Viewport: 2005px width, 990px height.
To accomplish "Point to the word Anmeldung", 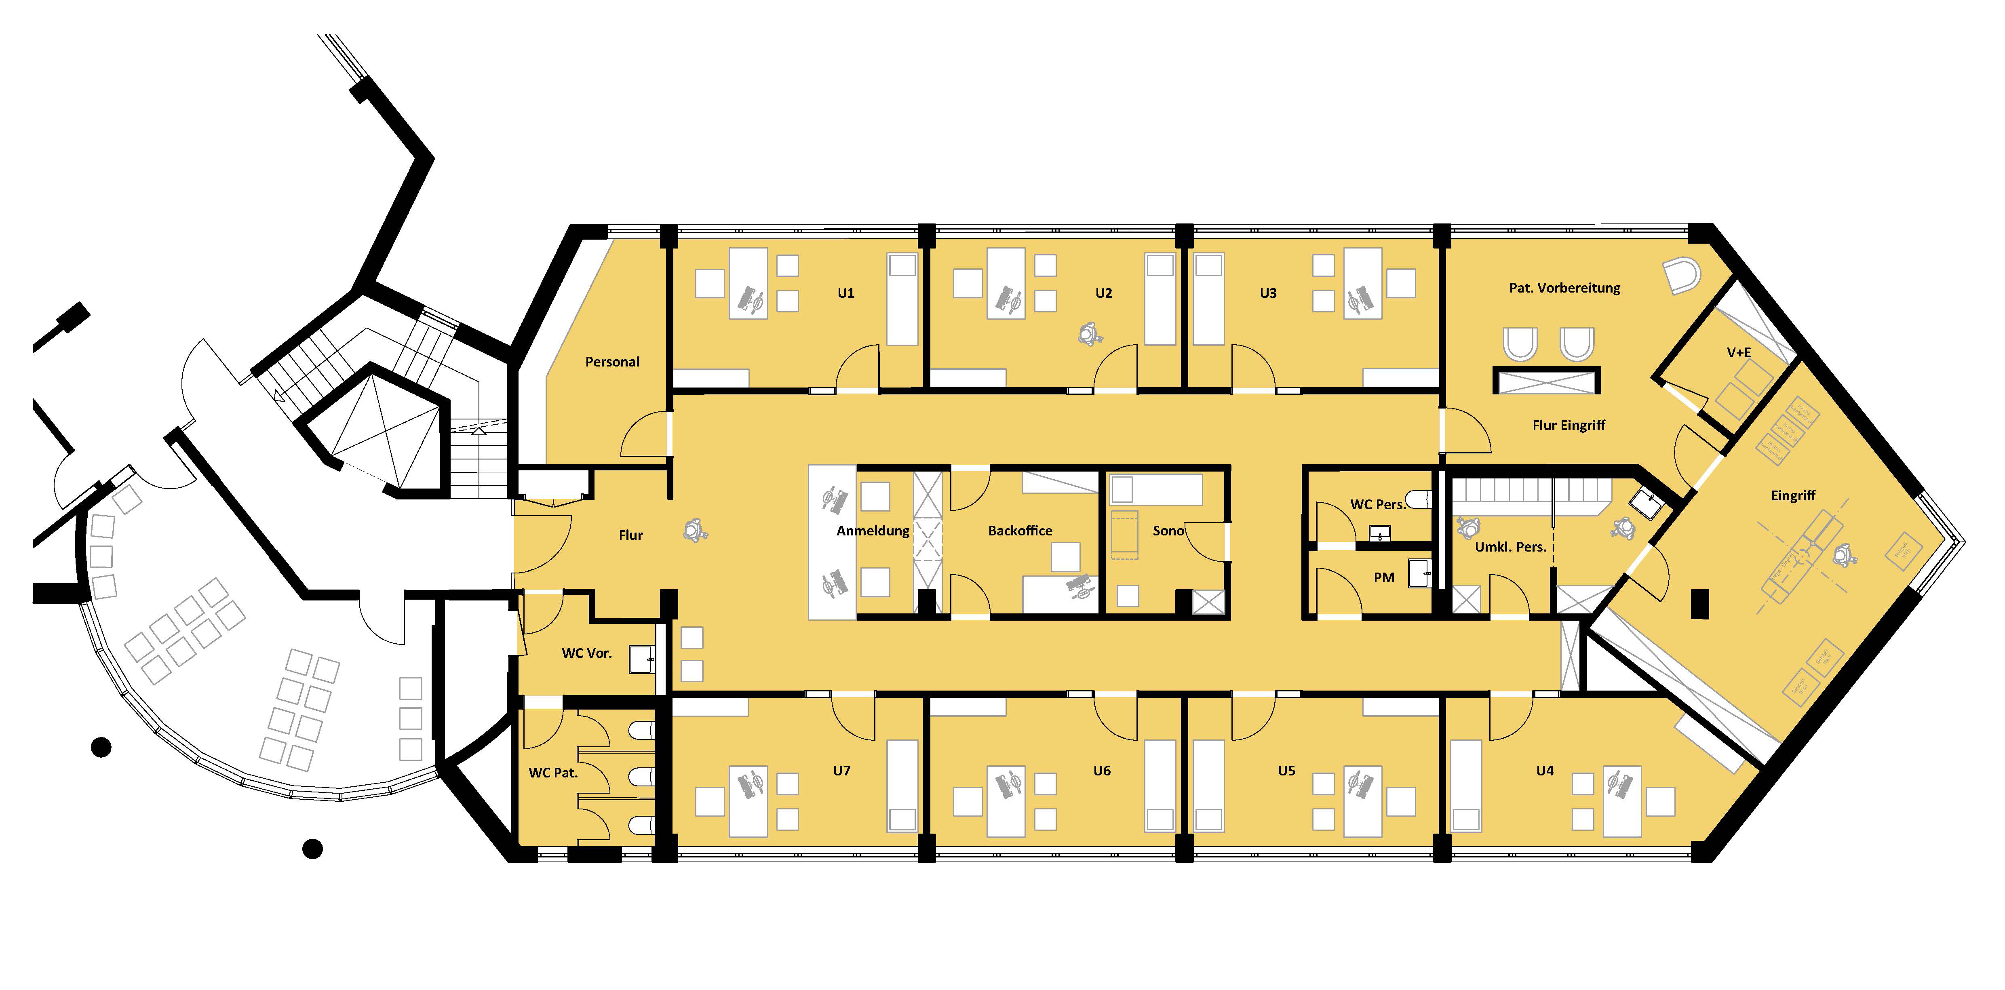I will coord(873,531).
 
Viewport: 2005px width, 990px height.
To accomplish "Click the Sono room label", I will coord(1168,531).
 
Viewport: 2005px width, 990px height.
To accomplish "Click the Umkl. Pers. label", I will coord(1510,547).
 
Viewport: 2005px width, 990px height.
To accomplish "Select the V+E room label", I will coord(1739,353).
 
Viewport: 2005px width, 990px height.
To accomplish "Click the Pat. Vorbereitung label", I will coord(1564,288).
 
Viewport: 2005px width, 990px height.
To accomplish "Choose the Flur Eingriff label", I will coord(1569,426).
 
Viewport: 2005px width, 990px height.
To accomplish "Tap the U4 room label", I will coord(1545,771).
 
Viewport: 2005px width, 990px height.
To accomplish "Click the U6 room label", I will coord(1102,771).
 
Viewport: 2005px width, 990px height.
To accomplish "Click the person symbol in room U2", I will coord(1087,335).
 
